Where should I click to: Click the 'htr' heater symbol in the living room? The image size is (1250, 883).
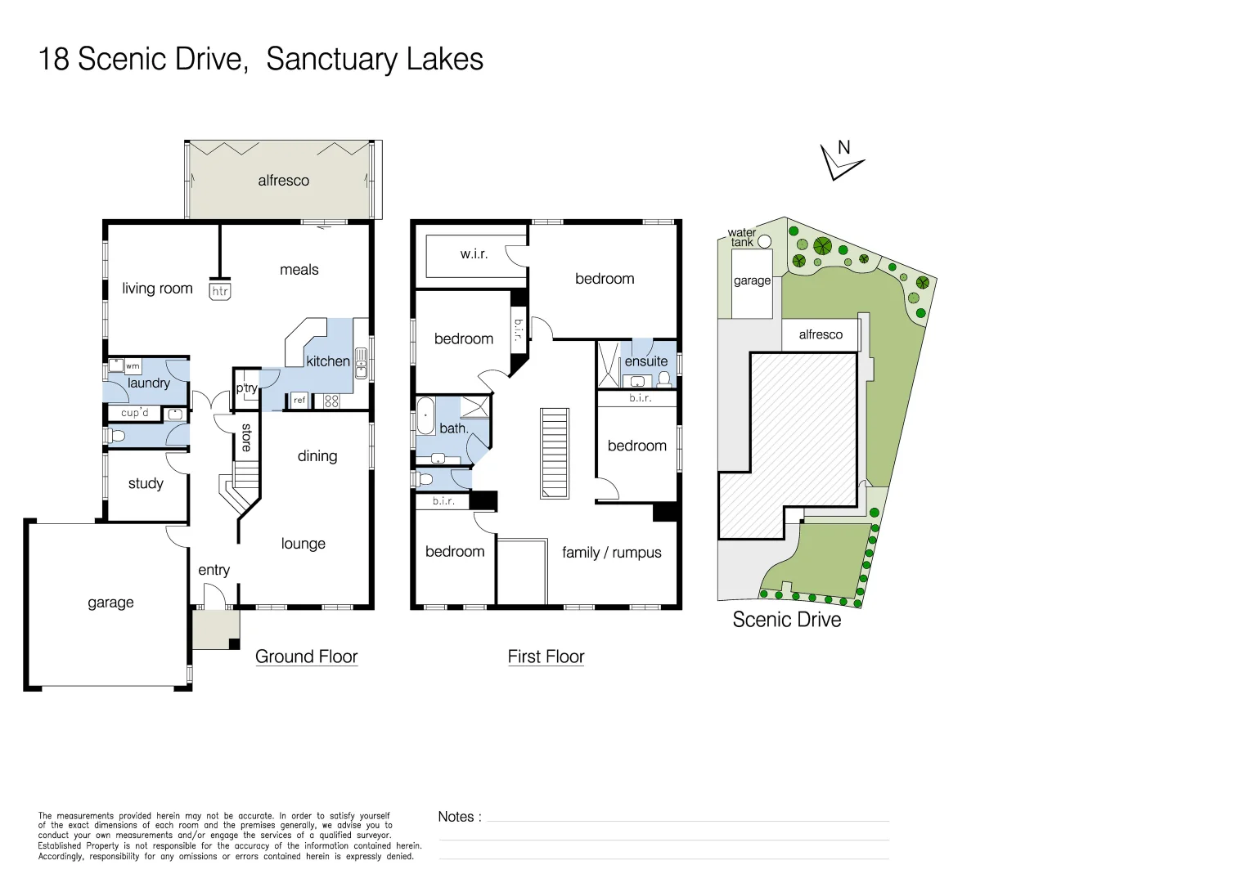(220, 291)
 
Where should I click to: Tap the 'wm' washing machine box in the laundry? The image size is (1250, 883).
(133, 366)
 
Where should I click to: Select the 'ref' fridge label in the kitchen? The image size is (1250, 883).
(299, 400)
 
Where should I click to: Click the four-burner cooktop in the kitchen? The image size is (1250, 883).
(331, 401)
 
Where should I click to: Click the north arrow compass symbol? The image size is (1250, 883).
(839, 160)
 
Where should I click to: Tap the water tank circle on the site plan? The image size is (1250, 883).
(764, 241)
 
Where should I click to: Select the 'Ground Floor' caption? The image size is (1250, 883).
(306, 657)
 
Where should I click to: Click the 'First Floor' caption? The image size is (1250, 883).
(546, 657)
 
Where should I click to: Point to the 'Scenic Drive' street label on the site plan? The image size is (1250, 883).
(786, 620)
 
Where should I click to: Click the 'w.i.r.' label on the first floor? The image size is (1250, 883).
(474, 253)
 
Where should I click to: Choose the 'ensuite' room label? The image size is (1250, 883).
(646, 361)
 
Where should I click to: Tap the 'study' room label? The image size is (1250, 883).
(146, 483)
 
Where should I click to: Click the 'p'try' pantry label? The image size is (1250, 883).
(246, 388)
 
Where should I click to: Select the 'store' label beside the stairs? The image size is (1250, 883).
(246, 437)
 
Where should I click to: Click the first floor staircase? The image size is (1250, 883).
(555, 453)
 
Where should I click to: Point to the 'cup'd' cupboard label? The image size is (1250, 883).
(135, 413)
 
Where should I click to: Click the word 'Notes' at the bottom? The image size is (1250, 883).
(456, 817)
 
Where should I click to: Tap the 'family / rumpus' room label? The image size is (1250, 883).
(611, 553)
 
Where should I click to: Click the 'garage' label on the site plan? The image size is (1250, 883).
(752, 280)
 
